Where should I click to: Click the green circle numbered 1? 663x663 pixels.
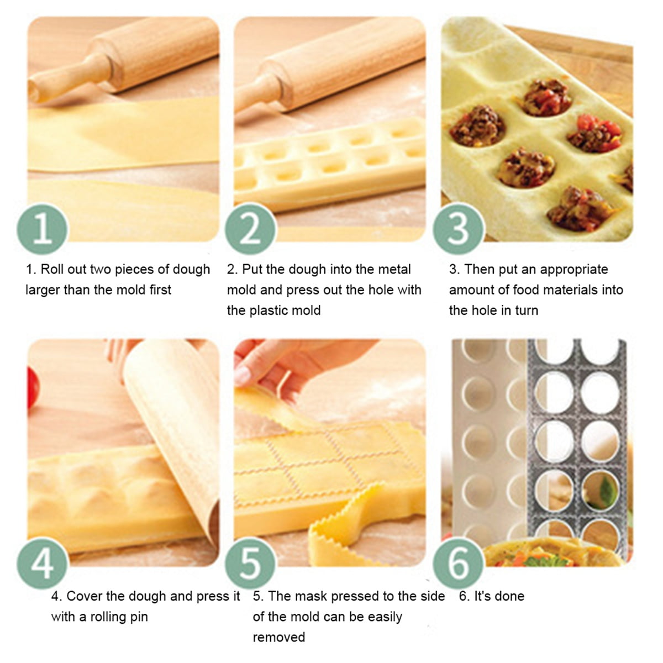pos(43,229)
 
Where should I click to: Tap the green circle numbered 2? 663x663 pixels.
pos(250,229)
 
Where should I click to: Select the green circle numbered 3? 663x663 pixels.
pos(458,229)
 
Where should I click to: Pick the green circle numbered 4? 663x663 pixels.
pos(43,562)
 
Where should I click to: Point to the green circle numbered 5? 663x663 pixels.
pos(250,562)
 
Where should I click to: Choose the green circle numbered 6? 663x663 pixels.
pos(458,562)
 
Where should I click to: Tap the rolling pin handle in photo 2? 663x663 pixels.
pos(260,89)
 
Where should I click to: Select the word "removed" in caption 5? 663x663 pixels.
pos(278,638)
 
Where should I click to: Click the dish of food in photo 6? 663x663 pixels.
pos(530,552)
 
